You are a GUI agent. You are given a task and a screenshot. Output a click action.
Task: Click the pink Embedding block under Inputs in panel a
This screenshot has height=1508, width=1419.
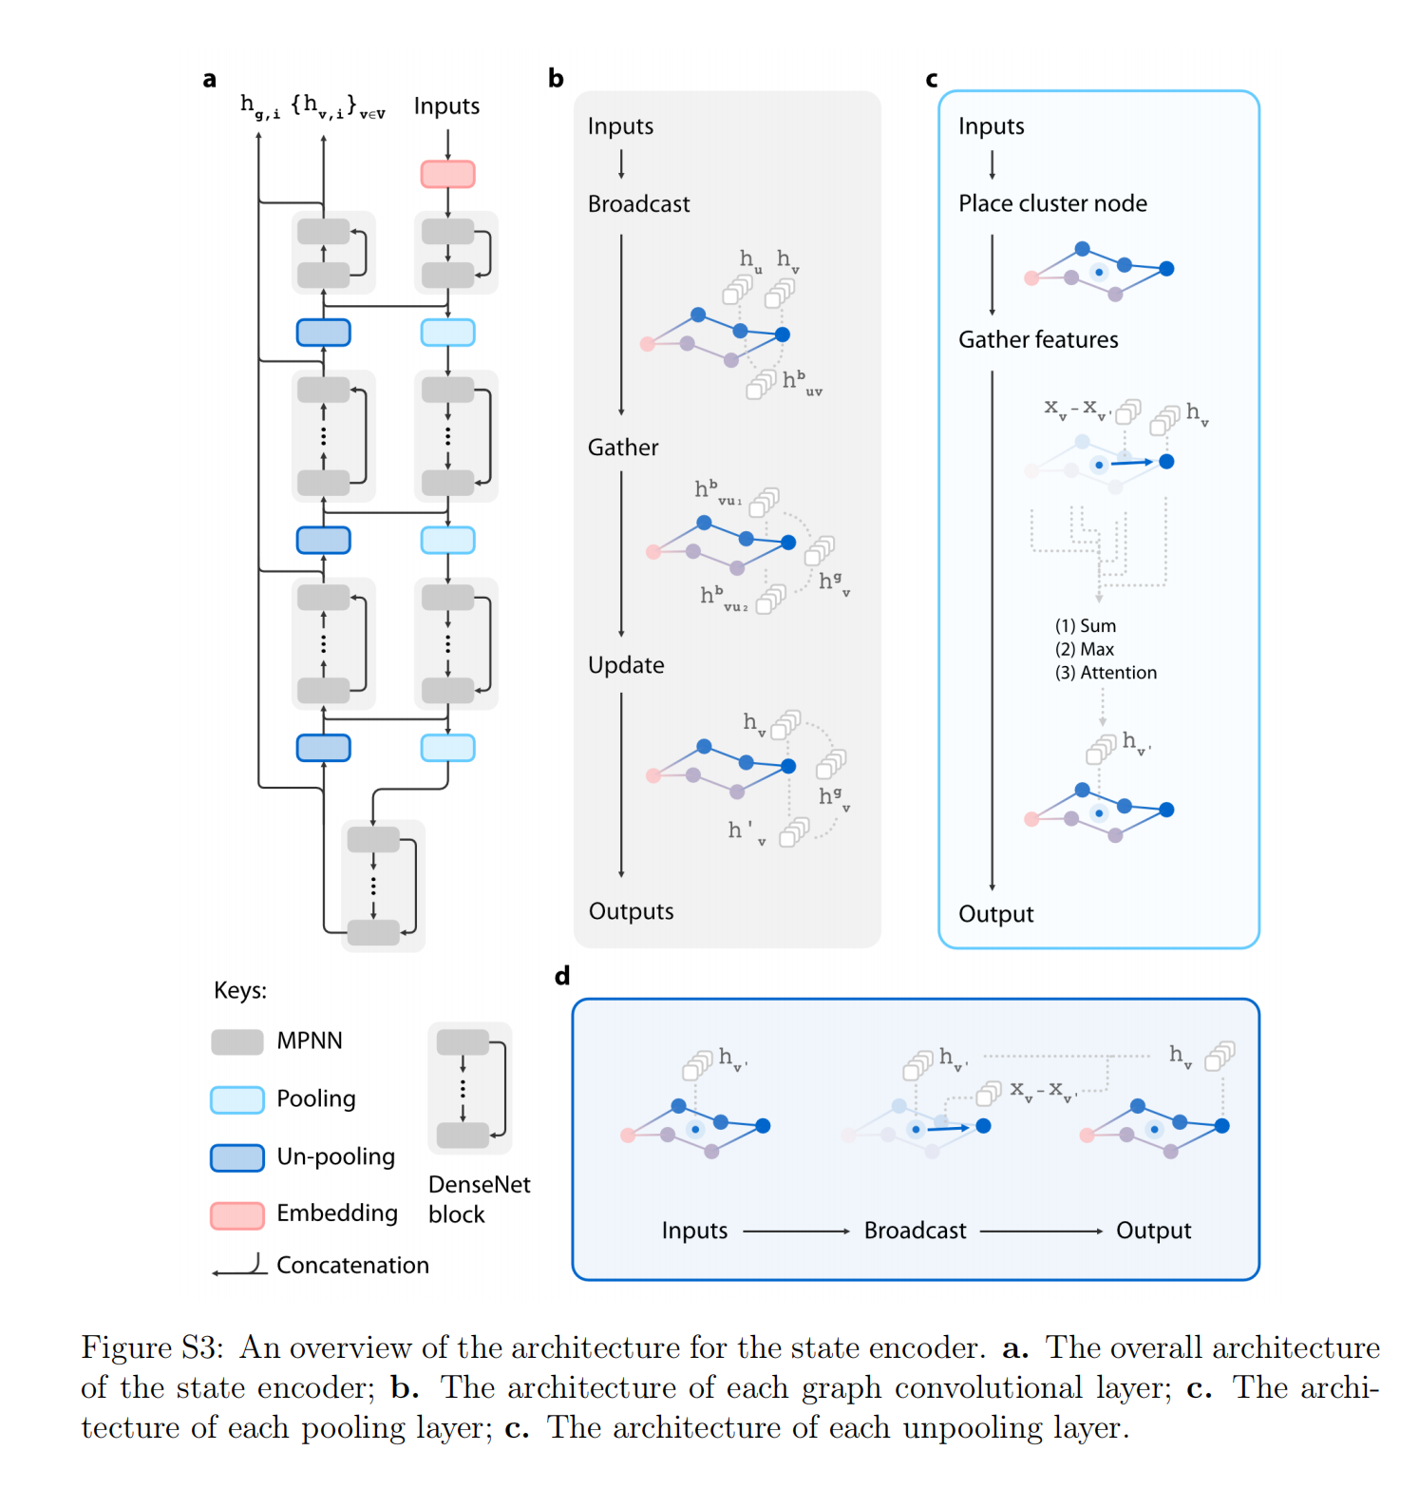(447, 174)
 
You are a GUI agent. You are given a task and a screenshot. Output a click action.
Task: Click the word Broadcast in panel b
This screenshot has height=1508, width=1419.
(638, 204)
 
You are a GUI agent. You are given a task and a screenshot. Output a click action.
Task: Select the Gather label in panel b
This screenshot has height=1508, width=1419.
(622, 448)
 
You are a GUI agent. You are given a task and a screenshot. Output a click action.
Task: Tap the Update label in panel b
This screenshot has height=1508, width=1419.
(625, 665)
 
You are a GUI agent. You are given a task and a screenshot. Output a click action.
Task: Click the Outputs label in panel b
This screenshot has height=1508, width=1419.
(631, 911)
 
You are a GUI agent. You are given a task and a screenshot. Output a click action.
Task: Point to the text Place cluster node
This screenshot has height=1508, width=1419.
(1052, 203)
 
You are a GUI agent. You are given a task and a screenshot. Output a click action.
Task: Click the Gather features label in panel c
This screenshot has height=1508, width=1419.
(1038, 339)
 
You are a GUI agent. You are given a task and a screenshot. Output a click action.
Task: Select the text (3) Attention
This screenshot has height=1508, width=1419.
(1106, 673)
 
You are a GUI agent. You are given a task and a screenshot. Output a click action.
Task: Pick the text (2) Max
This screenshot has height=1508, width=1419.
(1084, 649)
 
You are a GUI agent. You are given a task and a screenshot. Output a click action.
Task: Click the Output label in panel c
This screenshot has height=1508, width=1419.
(995, 914)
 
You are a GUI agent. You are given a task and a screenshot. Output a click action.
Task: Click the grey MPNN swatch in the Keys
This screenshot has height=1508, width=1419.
(237, 1041)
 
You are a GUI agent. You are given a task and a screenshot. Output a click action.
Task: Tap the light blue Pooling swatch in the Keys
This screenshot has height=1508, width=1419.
(237, 1099)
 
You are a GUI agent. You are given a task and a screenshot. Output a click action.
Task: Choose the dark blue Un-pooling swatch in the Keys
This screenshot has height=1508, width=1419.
(237, 1157)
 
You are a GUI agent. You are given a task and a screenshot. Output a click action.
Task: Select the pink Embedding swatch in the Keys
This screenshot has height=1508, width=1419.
(237, 1214)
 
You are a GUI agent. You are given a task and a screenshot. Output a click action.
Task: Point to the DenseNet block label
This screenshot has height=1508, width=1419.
(479, 1199)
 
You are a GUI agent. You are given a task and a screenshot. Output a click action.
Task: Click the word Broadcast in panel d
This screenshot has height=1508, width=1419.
(915, 1231)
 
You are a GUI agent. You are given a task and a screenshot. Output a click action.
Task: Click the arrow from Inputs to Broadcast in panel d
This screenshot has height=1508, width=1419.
(796, 1231)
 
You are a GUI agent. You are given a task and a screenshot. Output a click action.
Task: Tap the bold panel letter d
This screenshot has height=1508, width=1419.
(562, 976)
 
